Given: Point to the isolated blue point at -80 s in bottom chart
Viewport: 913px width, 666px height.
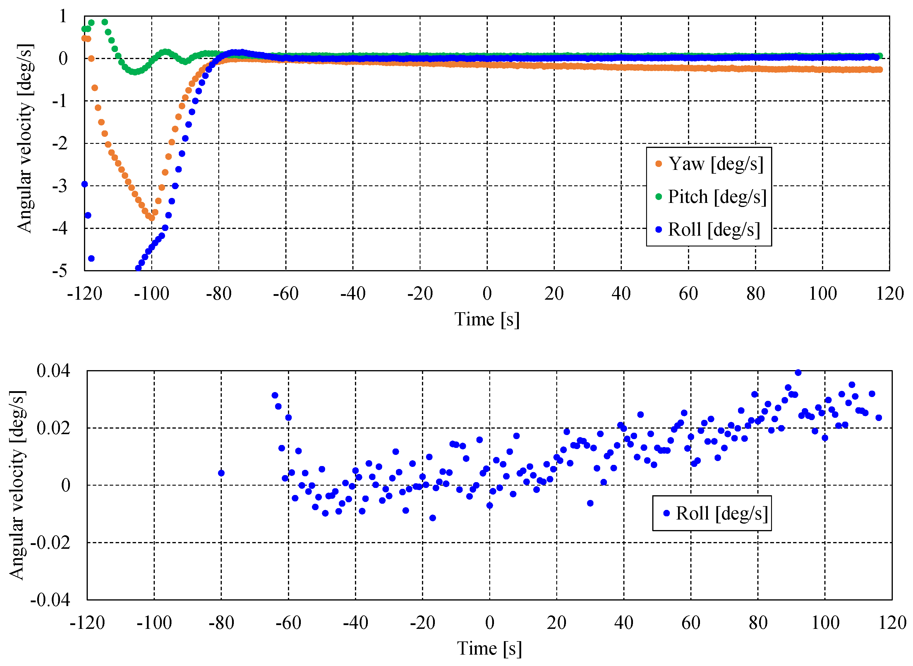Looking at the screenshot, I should coord(221,473).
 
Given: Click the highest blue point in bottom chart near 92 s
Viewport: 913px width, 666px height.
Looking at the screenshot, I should coord(798,372).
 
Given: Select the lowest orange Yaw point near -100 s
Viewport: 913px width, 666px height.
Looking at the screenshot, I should coord(152,218).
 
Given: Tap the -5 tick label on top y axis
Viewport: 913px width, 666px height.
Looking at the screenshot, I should coord(60,270).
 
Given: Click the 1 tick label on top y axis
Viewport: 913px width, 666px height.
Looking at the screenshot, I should coord(63,17).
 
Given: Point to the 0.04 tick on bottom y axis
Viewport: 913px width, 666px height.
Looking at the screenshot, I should coord(53,370).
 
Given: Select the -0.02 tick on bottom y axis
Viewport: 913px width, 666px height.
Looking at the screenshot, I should coord(50,543).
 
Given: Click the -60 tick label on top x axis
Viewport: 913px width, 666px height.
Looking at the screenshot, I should coord(286,294).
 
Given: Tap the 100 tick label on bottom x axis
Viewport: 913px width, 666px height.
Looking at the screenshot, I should coord(825,623).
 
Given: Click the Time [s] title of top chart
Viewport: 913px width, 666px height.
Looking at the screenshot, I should coord(487,319).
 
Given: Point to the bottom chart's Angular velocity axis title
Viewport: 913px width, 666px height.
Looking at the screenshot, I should coord(17,485).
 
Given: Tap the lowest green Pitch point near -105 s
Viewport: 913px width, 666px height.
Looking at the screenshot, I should coord(135,72).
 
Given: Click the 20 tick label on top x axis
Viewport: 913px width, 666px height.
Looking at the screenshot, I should coord(554,294).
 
